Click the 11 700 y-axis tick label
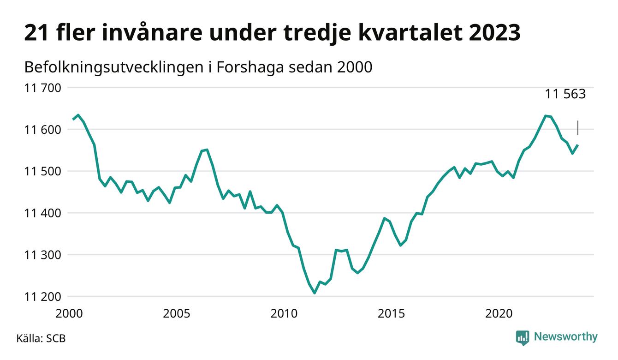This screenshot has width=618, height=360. pyautogui.click(x=42, y=87)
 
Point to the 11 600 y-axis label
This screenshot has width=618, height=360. pyautogui.click(x=42, y=129)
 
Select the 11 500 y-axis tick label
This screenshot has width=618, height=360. pyautogui.click(x=42, y=171)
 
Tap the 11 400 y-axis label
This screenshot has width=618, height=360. pyautogui.click(x=42, y=213)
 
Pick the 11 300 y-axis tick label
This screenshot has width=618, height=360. pyautogui.click(x=42, y=255)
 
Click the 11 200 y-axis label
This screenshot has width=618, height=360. pyautogui.click(x=42, y=297)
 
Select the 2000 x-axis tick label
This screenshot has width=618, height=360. pyautogui.click(x=69, y=314)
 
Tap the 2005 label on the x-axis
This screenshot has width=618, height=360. pyautogui.click(x=177, y=314)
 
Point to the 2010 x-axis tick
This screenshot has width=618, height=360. pyautogui.click(x=284, y=314)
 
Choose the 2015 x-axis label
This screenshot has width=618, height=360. pyautogui.click(x=391, y=314)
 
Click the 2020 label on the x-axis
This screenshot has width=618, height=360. pyautogui.click(x=499, y=314)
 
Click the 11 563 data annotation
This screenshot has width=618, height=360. pyautogui.click(x=565, y=95)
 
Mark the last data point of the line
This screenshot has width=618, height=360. pyautogui.click(x=578, y=145)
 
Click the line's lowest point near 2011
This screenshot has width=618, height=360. pyautogui.click(x=315, y=293)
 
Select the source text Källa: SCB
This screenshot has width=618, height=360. pyautogui.click(x=41, y=338)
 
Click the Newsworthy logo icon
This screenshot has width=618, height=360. pyautogui.click(x=522, y=337)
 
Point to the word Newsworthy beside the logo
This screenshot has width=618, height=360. pyautogui.click(x=565, y=337)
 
